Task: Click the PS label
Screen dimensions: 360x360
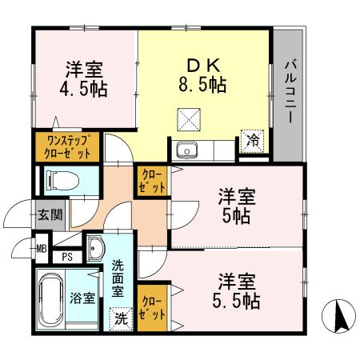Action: (x=68, y=258)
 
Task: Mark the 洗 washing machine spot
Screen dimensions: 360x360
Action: (x=119, y=318)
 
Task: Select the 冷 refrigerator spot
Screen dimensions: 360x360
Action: (x=253, y=139)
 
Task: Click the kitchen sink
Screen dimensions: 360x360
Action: (x=187, y=150)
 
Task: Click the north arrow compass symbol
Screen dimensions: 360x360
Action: (x=338, y=317)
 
